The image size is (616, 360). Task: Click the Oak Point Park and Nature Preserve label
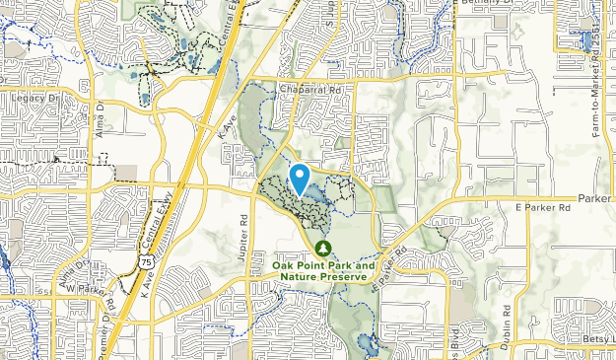tap(323, 271)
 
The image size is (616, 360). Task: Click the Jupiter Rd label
tap(244, 232)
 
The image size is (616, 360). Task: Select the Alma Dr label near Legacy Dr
tap(100, 116)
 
